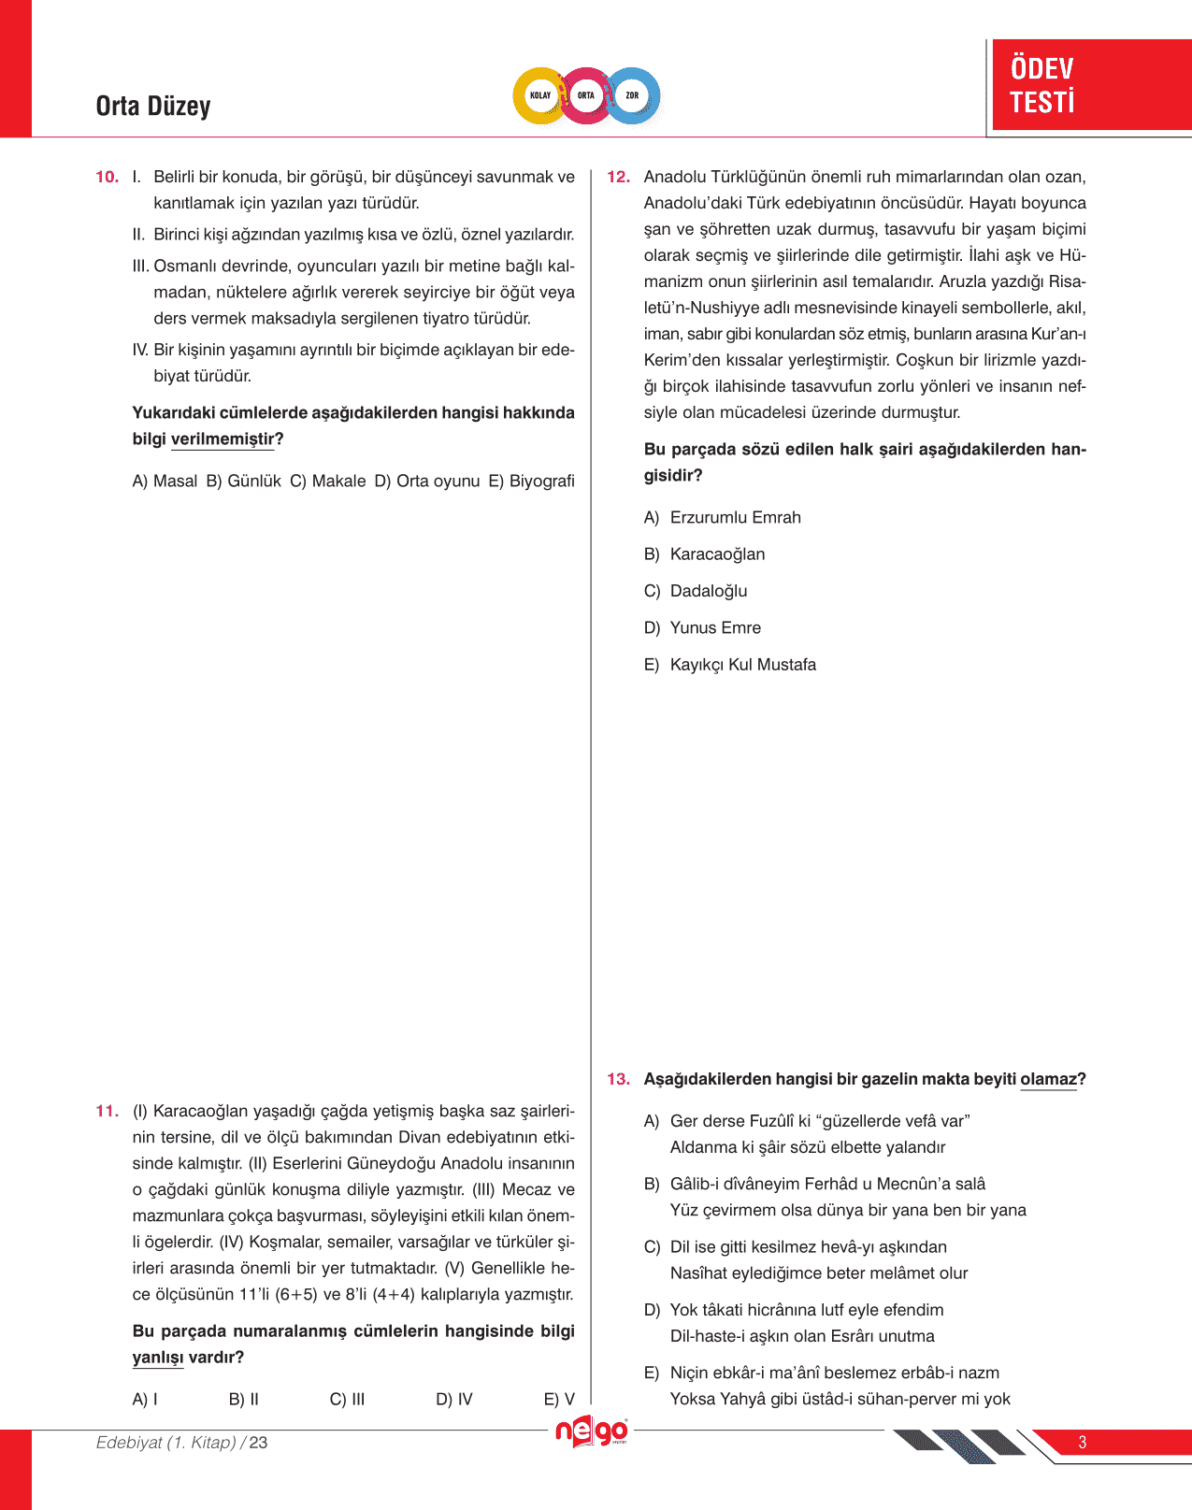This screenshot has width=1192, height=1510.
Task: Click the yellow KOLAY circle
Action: click(540, 95)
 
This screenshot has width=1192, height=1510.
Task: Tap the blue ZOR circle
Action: click(633, 95)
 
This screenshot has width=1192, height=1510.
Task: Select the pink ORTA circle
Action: click(586, 95)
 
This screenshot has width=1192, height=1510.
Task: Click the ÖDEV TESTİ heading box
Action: click(1090, 85)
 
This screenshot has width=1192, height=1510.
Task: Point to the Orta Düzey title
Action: click(153, 107)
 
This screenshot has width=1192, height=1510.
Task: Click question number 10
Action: click(107, 177)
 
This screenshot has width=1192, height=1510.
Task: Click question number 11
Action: click(107, 1111)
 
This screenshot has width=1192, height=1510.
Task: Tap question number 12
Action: click(618, 177)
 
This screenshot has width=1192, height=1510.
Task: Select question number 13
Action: click(618, 1079)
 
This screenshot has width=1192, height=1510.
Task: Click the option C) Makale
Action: click(328, 481)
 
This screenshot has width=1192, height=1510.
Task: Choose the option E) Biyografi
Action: click(532, 481)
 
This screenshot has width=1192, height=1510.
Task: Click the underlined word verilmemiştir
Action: click(223, 439)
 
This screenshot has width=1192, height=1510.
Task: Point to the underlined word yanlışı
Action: click(158, 1357)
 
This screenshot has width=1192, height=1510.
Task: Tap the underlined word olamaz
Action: click(1048, 1079)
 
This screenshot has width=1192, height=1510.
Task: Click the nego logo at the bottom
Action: click(592, 1431)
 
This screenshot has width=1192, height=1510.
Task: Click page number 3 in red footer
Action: click(1083, 1442)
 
